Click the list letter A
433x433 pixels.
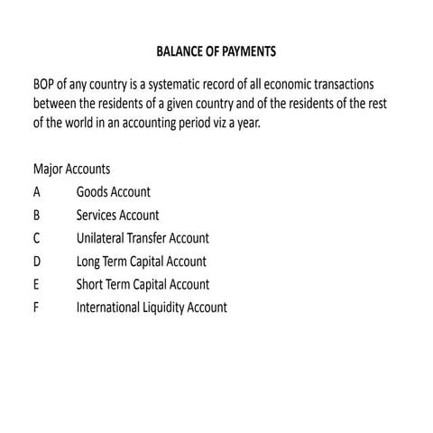click(x=37, y=192)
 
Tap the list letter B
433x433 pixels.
click(x=37, y=216)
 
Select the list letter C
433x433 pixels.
click(x=37, y=238)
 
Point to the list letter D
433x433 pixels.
click(x=37, y=262)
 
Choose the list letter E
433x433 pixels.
click(x=37, y=284)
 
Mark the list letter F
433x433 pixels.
click(x=36, y=308)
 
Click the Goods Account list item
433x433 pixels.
click(x=114, y=192)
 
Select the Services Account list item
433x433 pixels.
click(x=118, y=216)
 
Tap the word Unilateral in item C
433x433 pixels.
click(x=103, y=238)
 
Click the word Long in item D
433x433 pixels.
click(x=88, y=262)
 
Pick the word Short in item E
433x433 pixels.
click(x=90, y=284)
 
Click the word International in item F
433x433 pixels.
click(x=108, y=308)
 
